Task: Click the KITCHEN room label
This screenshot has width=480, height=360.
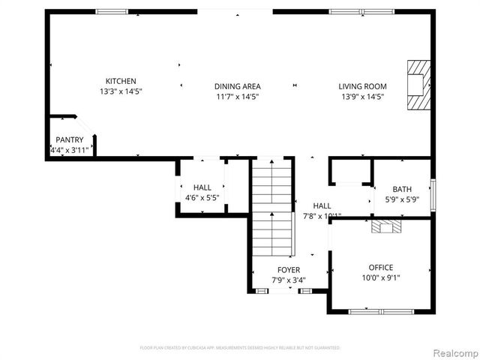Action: click(x=121, y=81)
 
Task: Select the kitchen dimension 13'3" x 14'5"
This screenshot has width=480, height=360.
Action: click(x=121, y=91)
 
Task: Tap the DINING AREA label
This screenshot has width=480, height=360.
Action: click(x=237, y=86)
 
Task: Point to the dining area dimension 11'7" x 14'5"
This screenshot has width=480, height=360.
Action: click(x=237, y=97)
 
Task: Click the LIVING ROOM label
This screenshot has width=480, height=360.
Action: click(x=362, y=86)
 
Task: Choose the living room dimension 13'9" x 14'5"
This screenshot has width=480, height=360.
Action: click(x=362, y=97)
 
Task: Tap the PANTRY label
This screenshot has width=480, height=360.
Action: click(x=69, y=139)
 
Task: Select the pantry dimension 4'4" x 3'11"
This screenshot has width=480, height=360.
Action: click(x=69, y=150)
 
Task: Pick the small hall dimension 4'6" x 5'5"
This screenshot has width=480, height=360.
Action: click(x=202, y=198)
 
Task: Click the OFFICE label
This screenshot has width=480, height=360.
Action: click(x=380, y=267)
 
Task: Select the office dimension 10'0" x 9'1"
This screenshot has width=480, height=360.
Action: click(x=380, y=278)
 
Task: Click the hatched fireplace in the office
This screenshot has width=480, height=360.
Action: click(x=387, y=226)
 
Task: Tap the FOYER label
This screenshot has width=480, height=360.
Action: click(x=289, y=270)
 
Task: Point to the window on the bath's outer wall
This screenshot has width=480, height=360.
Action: click(x=432, y=193)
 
